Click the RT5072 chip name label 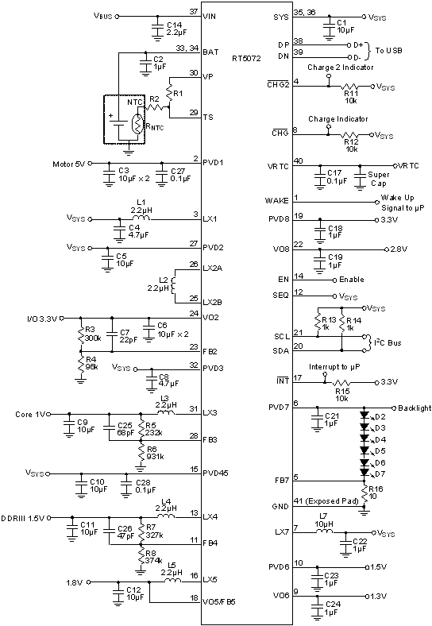click(246, 57)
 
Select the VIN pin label click(210, 16)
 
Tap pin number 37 click(194, 11)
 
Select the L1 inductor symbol click(142, 216)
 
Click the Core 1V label click(32, 414)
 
